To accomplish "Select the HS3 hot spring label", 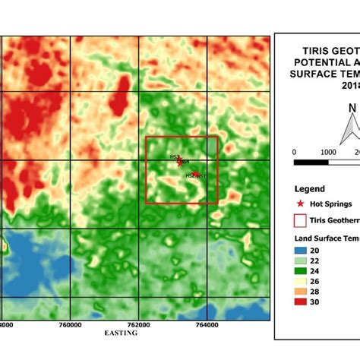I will tap(174, 156).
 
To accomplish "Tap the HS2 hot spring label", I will tap(191, 175).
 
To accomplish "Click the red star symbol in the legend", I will tap(301, 204).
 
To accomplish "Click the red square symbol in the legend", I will tap(301, 221).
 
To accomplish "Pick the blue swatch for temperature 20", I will tap(301, 250).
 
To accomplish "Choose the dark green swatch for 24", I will tap(301, 271).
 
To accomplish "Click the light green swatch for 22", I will tap(301, 261).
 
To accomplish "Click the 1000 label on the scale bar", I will tap(327, 152).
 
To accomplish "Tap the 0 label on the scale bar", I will tap(294, 152).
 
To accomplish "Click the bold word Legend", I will tap(310, 189).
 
